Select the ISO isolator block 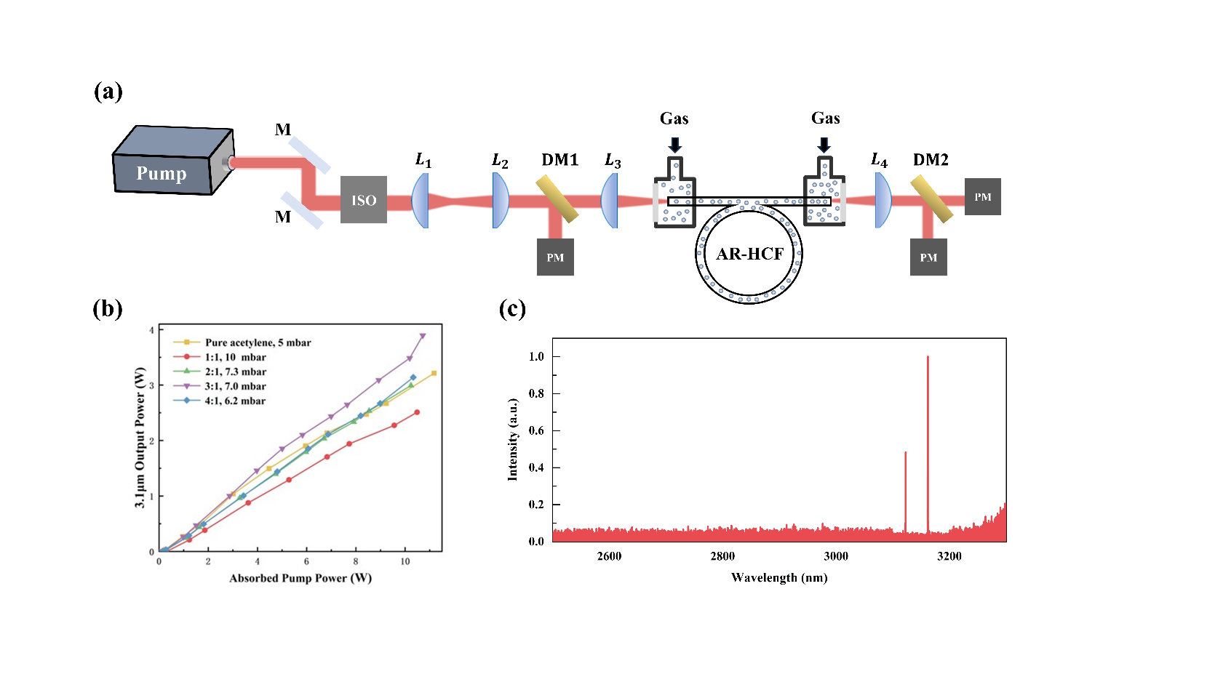(364, 200)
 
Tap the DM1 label (559, 160)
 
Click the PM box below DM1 (555, 257)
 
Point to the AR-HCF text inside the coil (749, 254)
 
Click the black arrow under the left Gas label (675, 144)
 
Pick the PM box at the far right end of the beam (982, 197)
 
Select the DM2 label (931, 160)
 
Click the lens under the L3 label (610, 201)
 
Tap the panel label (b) (107, 309)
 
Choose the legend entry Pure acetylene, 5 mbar (258, 342)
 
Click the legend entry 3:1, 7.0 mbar (235, 386)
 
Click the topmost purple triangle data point (422, 337)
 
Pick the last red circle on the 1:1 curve (417, 412)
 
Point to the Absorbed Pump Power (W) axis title (300, 578)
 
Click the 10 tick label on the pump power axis (405, 561)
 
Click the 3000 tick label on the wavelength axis (835, 556)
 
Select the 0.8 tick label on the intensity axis (536, 393)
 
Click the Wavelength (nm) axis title (779, 578)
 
